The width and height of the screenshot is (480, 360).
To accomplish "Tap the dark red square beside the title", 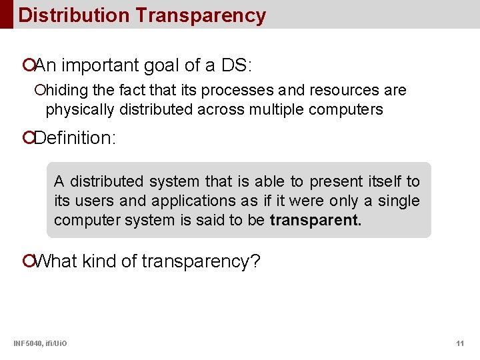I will [6, 14].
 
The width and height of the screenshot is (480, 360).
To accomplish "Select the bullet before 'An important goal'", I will [28, 66].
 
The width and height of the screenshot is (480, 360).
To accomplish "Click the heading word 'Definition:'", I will [75, 138].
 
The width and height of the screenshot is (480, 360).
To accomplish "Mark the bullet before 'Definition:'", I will [28, 138].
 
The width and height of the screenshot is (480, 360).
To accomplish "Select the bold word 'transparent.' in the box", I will [315, 221].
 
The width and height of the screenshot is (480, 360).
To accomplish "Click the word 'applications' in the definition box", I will [193, 201].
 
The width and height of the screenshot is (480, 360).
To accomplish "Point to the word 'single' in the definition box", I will [399, 201].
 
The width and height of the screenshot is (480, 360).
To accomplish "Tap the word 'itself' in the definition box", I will [384, 181].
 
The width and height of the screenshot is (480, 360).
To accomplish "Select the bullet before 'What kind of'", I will [28, 261].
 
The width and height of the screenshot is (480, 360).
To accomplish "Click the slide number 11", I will [460, 343].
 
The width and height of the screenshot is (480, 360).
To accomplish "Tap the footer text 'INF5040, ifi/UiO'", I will [40, 343].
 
